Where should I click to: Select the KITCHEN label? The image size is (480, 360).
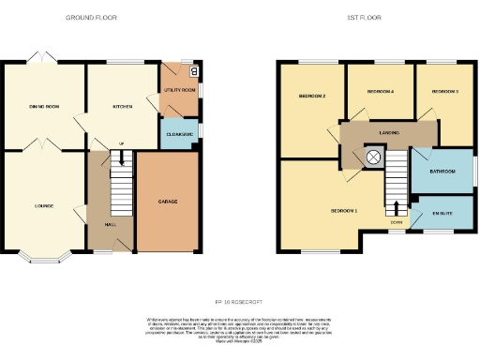[x=123, y=107]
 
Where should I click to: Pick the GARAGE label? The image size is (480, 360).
[x=168, y=202]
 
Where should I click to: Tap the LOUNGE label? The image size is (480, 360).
[x=44, y=206]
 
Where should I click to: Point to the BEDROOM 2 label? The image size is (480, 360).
[x=312, y=97]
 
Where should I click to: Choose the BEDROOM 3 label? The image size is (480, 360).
[x=444, y=92]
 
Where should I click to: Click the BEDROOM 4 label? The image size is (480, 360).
[x=380, y=92]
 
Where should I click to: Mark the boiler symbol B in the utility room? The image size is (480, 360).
[x=194, y=69]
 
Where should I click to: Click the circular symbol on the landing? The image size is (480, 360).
[x=374, y=158]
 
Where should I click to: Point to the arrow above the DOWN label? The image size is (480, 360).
[x=397, y=208]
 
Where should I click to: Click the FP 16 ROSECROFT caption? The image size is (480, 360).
[x=239, y=302]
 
